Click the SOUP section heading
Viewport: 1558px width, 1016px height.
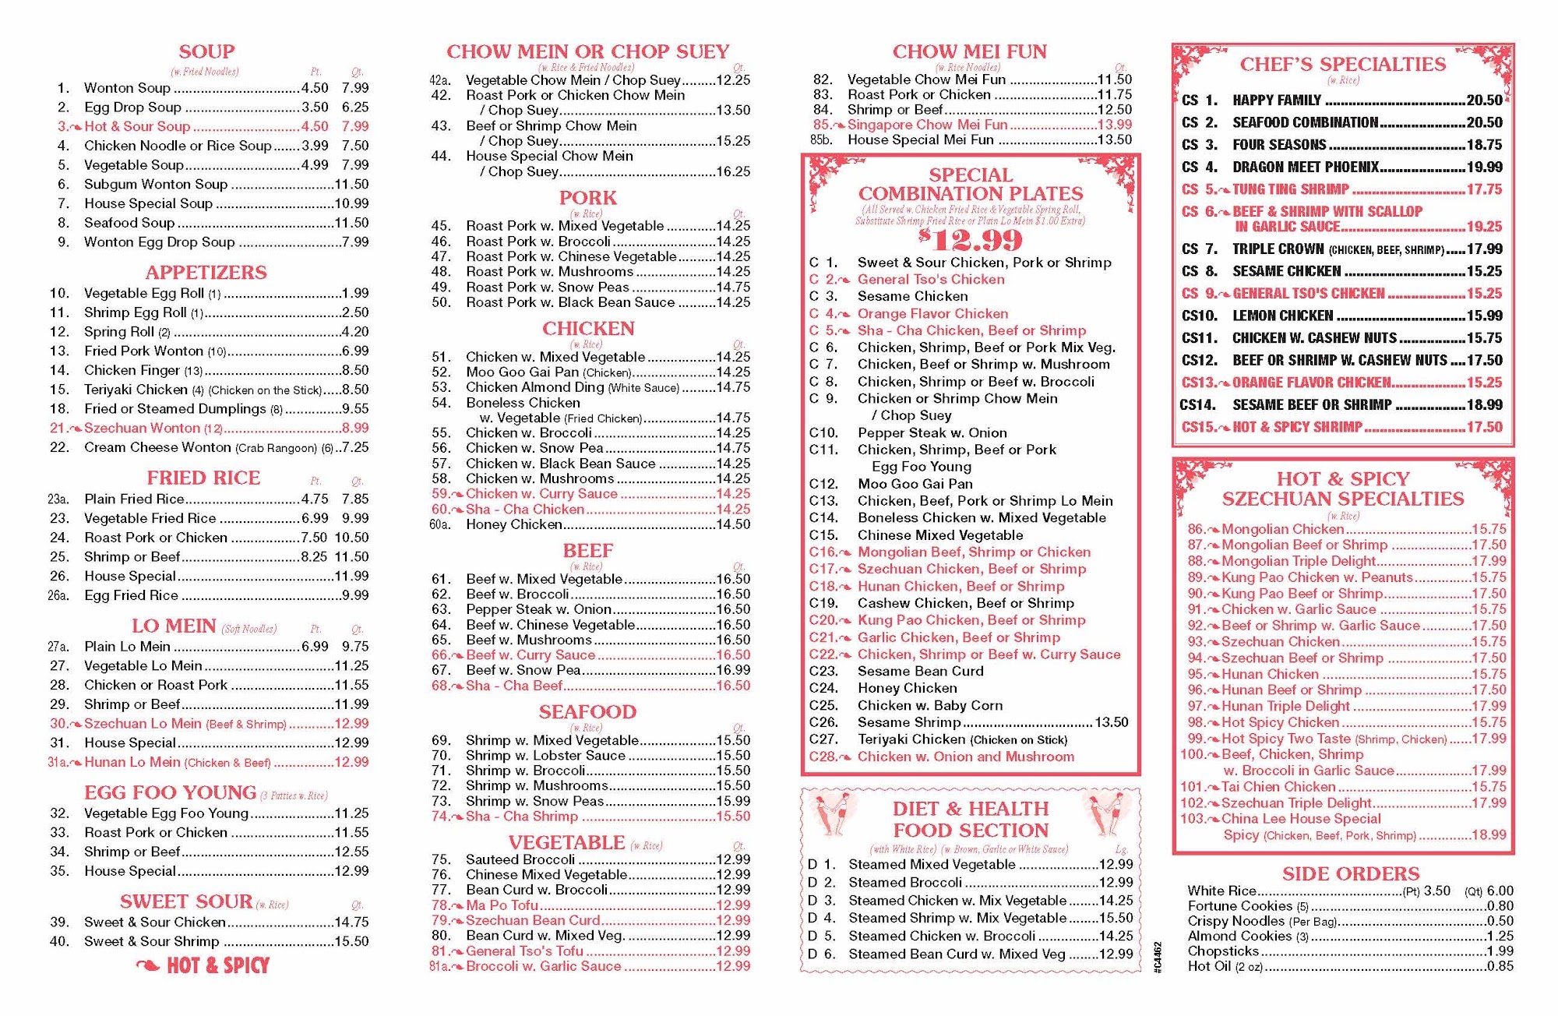(206, 52)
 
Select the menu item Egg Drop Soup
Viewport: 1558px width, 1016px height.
(132, 108)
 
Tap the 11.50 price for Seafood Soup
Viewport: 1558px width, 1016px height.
(351, 223)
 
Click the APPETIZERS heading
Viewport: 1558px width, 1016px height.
(206, 273)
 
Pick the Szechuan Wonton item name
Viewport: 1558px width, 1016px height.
(143, 428)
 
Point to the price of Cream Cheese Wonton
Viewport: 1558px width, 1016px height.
(354, 447)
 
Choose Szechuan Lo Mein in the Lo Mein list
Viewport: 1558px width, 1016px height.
(143, 724)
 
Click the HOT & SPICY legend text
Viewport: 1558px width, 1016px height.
(217, 966)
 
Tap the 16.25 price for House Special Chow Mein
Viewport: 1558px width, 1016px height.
(733, 171)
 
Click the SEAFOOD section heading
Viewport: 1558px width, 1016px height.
(587, 712)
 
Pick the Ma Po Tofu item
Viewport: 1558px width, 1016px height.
(502, 905)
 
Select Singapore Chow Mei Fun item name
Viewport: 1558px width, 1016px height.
(927, 125)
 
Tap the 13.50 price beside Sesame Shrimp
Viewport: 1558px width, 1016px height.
(1111, 722)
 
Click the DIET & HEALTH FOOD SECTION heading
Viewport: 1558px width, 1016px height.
(971, 820)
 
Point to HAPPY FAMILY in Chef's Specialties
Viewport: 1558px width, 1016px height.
(1277, 101)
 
